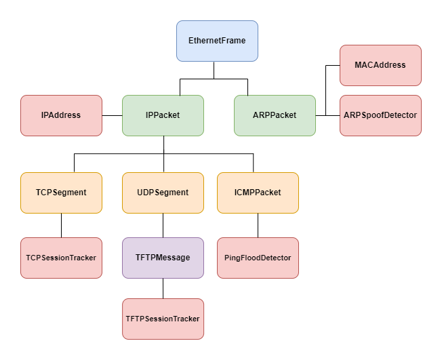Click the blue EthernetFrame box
point(217,41)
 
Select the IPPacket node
point(163,115)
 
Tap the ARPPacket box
point(275,115)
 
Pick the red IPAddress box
point(61,115)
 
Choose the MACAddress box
point(380,65)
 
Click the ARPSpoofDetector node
point(380,115)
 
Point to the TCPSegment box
point(61,193)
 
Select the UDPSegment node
point(163,193)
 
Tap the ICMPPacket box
point(258,193)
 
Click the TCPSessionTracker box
point(61,258)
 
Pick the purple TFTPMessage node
point(163,258)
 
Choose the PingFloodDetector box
point(258,258)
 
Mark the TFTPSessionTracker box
point(163,319)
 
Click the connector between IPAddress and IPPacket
point(112,115)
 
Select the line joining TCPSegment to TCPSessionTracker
point(61,225)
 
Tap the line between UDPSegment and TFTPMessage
point(163,225)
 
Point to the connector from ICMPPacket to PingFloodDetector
point(258,225)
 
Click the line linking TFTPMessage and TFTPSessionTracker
point(163,288)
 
